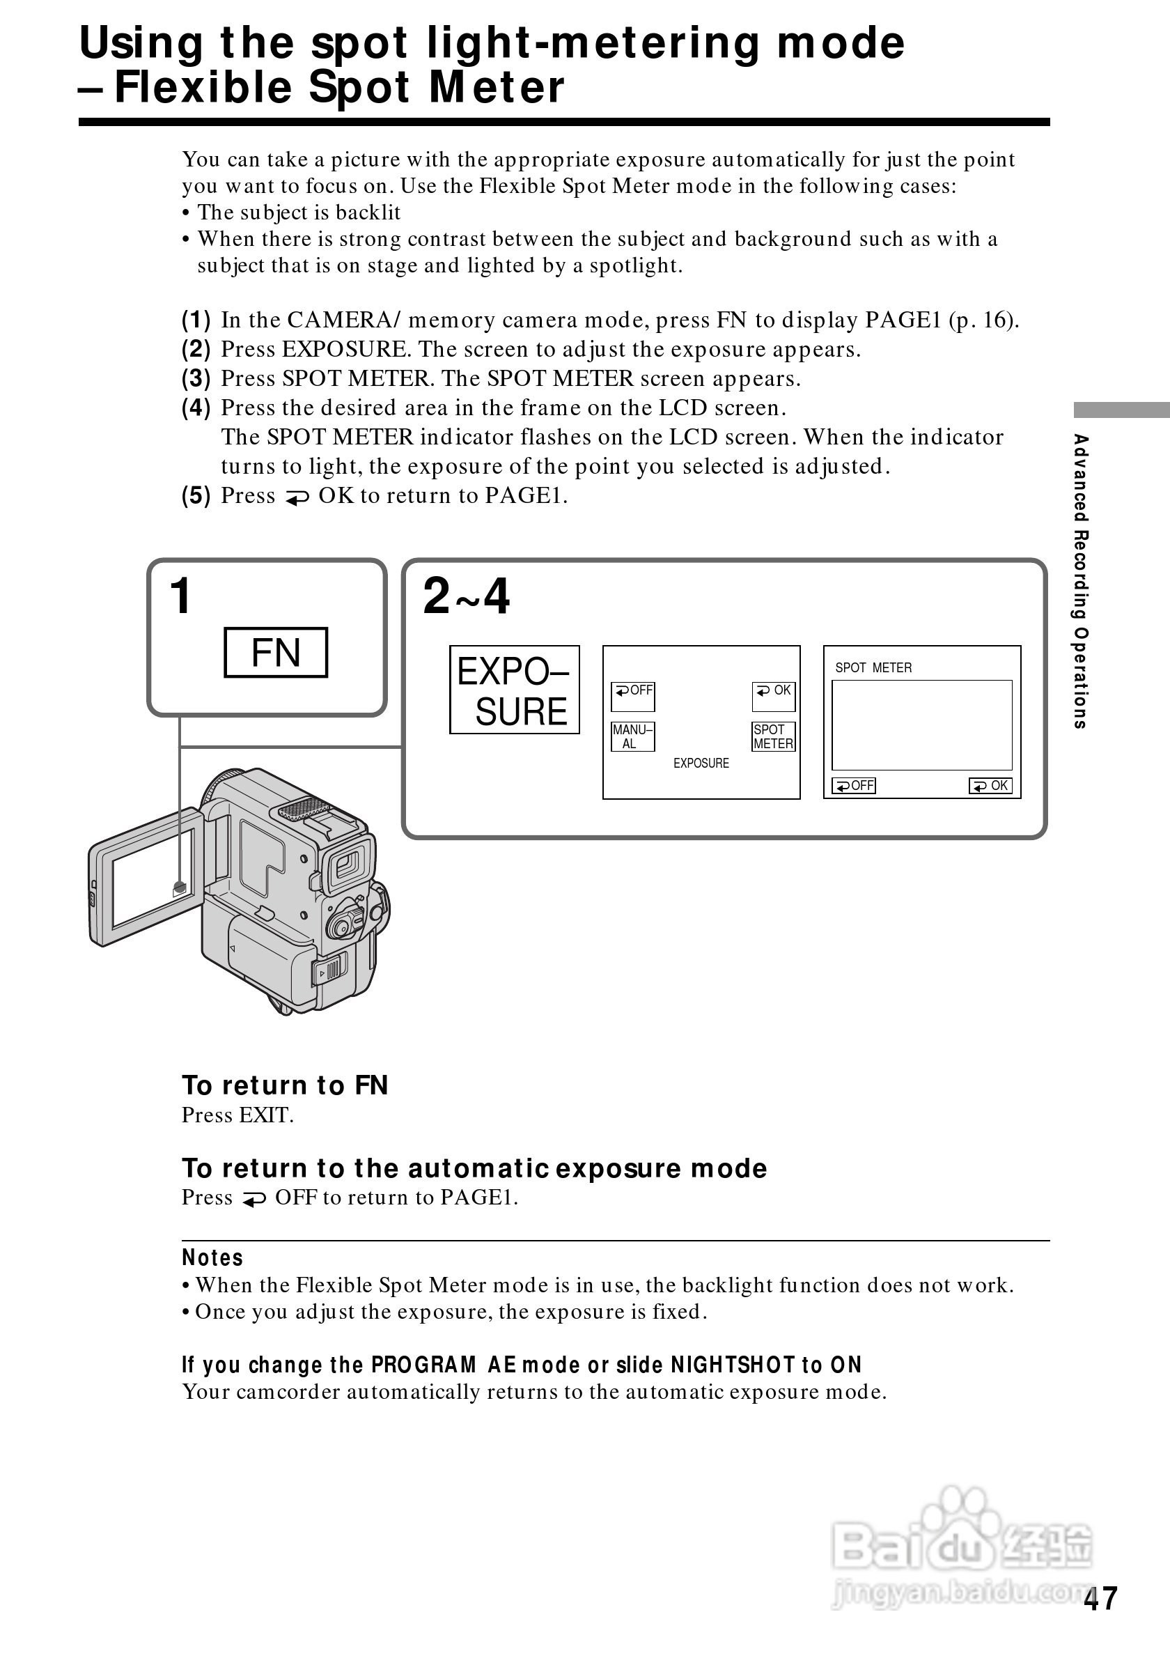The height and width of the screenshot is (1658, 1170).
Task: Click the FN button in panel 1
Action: tap(276, 653)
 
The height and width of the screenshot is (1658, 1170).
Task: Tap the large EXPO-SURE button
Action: tap(514, 690)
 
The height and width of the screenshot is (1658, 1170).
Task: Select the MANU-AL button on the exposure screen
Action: tap(632, 736)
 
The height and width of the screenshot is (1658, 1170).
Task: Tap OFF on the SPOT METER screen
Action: tap(854, 786)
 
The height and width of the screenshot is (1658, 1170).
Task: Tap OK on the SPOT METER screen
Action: tap(990, 786)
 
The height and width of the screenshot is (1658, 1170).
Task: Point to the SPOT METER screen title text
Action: tap(873, 668)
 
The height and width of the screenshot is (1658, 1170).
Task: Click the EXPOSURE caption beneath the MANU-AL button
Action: tap(701, 764)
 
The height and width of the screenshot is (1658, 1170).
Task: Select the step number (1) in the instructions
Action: tap(196, 319)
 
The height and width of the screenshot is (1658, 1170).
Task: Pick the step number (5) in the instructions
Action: tap(196, 495)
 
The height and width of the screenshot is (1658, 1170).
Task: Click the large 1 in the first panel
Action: tap(180, 596)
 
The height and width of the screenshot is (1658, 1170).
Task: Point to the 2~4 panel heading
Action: tap(465, 596)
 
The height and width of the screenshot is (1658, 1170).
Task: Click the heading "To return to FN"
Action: tap(285, 1085)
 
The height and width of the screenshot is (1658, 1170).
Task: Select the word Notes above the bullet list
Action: tap(212, 1258)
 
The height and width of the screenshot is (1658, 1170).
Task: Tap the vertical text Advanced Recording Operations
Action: tap(1079, 581)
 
